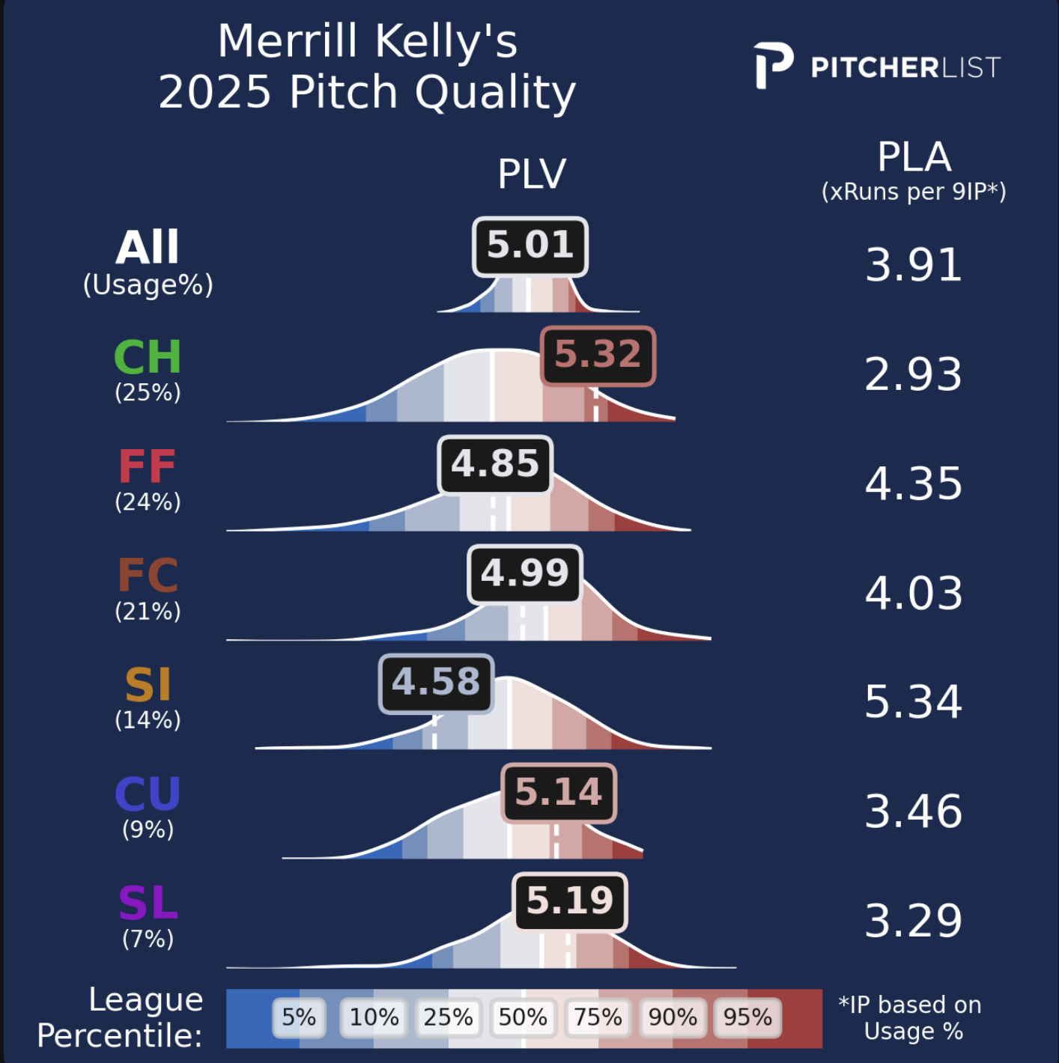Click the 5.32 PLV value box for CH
click(598, 356)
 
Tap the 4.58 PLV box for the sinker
click(436, 683)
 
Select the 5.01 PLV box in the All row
click(530, 246)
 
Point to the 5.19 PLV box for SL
click(570, 901)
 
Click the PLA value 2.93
click(913, 374)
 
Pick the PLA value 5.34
click(913, 702)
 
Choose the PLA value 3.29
click(913, 921)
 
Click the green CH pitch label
click(148, 357)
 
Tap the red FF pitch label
click(148, 467)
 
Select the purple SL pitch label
click(148, 904)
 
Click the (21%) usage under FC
click(148, 612)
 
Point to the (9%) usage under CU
click(148, 829)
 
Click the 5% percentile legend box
click(299, 1017)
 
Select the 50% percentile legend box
click(523, 1017)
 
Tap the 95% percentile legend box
click(747, 1017)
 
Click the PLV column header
click(532, 174)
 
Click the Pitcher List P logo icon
click(773, 66)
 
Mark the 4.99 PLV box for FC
click(524, 574)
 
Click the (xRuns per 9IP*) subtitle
click(914, 192)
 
